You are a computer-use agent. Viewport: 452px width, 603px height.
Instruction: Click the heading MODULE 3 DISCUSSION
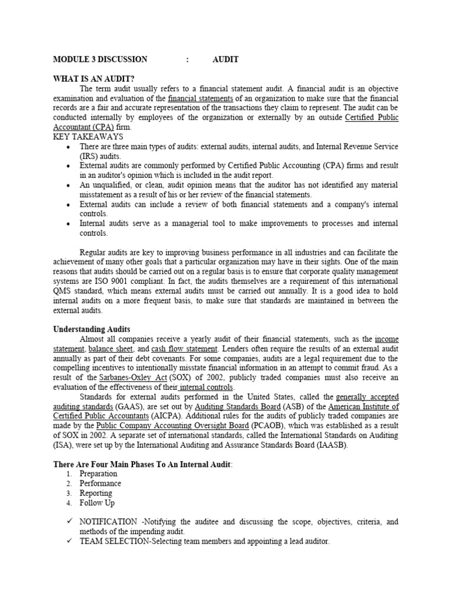click(x=100, y=59)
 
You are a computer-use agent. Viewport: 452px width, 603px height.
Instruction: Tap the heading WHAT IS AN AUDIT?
click(x=94, y=79)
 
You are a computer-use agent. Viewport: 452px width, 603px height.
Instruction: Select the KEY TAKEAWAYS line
click(x=88, y=137)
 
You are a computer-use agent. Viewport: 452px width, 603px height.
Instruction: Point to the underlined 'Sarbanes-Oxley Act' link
click(x=117, y=377)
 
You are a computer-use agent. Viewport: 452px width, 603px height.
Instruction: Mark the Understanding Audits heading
click(x=92, y=329)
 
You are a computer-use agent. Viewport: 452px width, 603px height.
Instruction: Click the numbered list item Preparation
click(x=98, y=474)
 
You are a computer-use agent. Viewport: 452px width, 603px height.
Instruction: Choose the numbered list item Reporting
click(x=96, y=493)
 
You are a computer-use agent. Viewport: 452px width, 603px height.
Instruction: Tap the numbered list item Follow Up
click(x=97, y=503)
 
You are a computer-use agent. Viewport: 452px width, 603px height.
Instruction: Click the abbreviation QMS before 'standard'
click(x=64, y=291)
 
